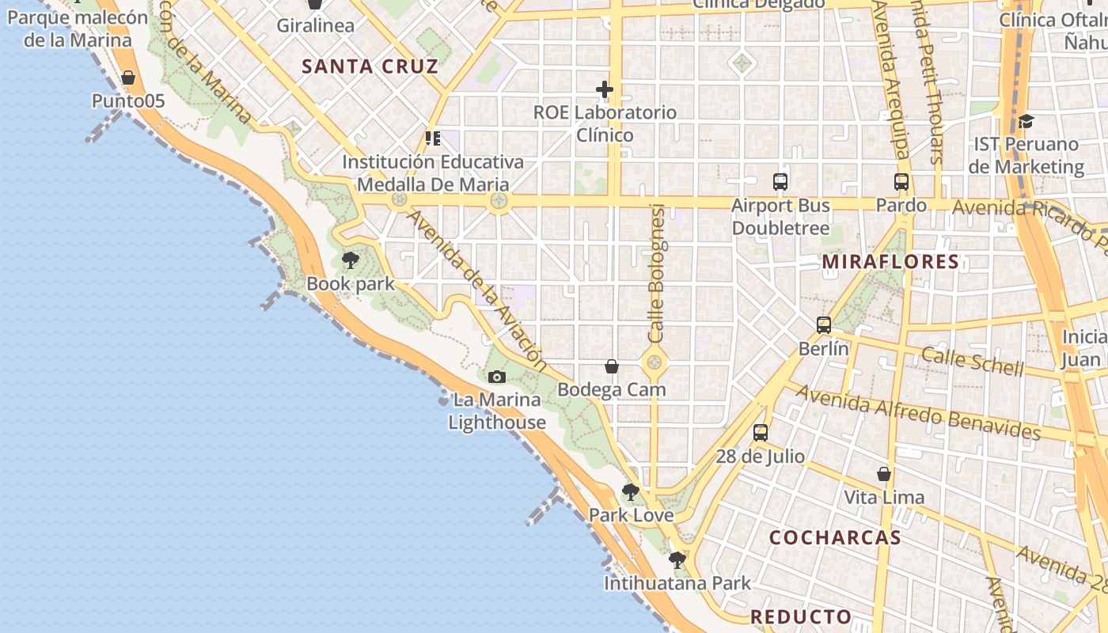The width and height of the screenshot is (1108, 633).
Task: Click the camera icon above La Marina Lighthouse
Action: point(497,377)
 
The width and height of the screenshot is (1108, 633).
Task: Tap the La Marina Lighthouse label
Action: point(497,411)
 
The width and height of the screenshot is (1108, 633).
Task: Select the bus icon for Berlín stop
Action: point(824,324)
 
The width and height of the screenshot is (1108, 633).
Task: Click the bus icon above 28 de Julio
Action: point(761,432)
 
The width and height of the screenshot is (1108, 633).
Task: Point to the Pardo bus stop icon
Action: point(901,181)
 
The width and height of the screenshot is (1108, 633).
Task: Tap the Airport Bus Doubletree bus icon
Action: point(780,181)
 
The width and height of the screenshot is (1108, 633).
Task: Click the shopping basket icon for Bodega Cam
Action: point(612,366)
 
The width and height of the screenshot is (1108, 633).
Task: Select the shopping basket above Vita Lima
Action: point(884,473)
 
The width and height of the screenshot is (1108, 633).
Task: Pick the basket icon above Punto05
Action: point(128,77)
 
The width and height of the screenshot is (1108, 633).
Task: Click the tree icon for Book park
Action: point(350,260)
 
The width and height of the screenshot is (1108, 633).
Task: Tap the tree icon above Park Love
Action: point(631,492)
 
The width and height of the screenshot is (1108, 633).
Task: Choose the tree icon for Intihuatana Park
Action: point(677,560)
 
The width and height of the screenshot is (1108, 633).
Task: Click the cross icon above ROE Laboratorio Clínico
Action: point(605,89)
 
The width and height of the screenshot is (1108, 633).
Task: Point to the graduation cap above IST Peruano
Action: point(1026,121)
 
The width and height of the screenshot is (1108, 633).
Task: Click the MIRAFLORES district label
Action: point(890,261)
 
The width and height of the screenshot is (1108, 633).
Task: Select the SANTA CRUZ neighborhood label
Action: point(370,66)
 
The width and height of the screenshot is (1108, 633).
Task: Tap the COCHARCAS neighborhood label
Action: point(835,537)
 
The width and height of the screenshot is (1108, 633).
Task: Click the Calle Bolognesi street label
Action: point(656,273)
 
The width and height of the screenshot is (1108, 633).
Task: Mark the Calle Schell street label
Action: point(973,362)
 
